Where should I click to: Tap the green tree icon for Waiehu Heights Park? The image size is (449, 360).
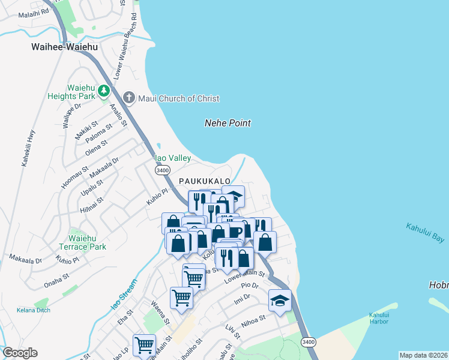pyautogui.click(x=104, y=91)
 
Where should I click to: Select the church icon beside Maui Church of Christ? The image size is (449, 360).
pyautogui.click(x=128, y=97)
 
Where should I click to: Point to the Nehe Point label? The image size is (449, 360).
pyautogui.click(x=228, y=123)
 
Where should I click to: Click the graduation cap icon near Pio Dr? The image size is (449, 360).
pyautogui.click(x=280, y=300)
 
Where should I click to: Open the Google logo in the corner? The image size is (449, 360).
pyautogui.click(x=20, y=353)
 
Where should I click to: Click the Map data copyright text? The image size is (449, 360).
pyautogui.click(x=424, y=355)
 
